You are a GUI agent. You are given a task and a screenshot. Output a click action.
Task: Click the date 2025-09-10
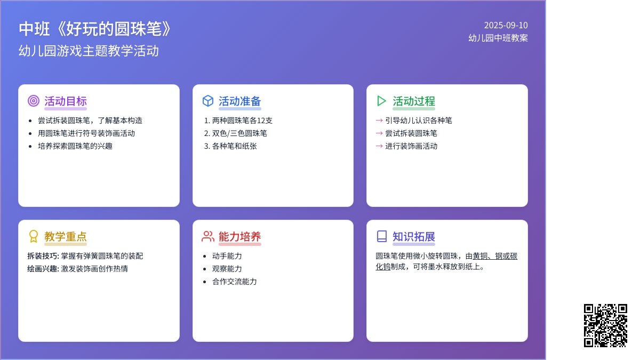pyautogui.click(x=506, y=25)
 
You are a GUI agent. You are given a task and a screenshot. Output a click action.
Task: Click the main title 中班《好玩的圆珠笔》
pyautogui.click(x=94, y=29)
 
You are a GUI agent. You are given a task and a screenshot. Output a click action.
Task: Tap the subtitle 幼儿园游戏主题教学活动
pyautogui.click(x=89, y=51)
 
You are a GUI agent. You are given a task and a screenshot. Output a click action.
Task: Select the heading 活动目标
pyautogui.click(x=66, y=101)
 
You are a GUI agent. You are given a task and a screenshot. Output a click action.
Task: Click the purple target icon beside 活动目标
pyautogui.click(x=34, y=101)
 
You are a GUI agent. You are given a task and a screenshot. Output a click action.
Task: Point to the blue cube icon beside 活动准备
pyautogui.click(x=207, y=101)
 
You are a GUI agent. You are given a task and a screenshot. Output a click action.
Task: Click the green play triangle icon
pyautogui.click(x=381, y=101)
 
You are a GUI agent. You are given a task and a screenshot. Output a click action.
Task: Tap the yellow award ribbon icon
pyautogui.click(x=34, y=236)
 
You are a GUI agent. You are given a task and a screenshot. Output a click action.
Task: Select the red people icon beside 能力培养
pyautogui.click(x=207, y=236)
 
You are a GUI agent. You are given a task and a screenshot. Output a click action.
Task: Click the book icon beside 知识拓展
pyautogui.click(x=382, y=236)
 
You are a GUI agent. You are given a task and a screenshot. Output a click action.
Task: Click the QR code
pyautogui.click(x=605, y=325)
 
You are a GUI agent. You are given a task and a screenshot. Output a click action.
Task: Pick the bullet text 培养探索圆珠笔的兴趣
pyautogui.click(x=75, y=146)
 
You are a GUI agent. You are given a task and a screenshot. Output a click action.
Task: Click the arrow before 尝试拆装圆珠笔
pyautogui.click(x=379, y=133)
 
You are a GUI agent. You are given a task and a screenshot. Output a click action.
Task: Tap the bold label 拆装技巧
pyautogui.click(x=42, y=256)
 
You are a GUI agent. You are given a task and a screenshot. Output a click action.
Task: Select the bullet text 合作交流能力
pyautogui.click(x=234, y=282)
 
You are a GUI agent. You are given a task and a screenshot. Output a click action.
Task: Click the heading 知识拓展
pyautogui.click(x=414, y=237)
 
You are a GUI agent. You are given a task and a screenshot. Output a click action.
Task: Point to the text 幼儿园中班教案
pyautogui.click(x=498, y=38)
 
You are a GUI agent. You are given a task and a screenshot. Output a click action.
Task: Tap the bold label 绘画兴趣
pyautogui.click(x=42, y=269)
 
